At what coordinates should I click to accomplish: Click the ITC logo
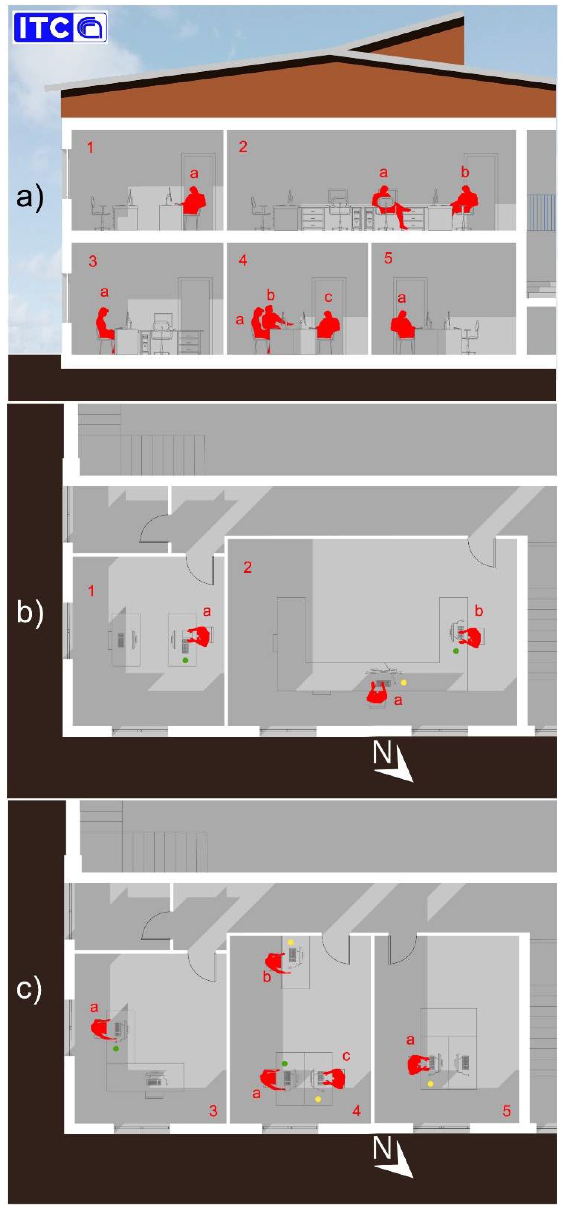60,27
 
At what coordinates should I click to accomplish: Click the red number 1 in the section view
90,147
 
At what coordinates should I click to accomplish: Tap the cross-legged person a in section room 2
391,205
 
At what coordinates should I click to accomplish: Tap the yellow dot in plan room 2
403,682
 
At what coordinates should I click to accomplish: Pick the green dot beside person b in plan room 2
455,651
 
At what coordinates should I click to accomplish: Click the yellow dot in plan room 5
430,1084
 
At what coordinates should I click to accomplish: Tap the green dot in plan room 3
116,1049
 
